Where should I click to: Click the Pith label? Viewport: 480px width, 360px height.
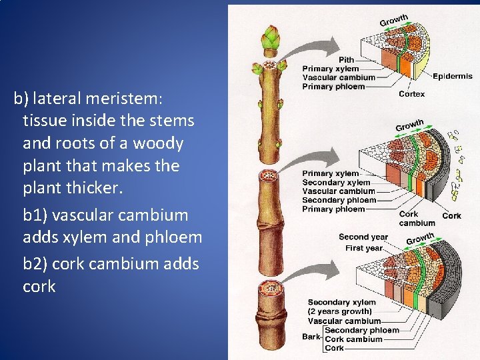click(346, 60)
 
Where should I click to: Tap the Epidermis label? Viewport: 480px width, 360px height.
click(454, 77)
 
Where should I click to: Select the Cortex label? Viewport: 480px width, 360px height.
click(411, 94)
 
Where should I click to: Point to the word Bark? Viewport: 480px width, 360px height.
click(311, 337)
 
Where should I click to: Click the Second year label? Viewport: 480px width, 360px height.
click(363, 237)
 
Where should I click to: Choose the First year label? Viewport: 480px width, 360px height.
click(364, 248)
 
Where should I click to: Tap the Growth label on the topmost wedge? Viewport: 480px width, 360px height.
click(393, 20)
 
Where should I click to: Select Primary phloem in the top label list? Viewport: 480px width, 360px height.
click(333, 86)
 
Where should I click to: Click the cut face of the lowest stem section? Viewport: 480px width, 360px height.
click(270, 289)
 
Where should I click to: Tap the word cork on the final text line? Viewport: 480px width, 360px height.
click(39, 286)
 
